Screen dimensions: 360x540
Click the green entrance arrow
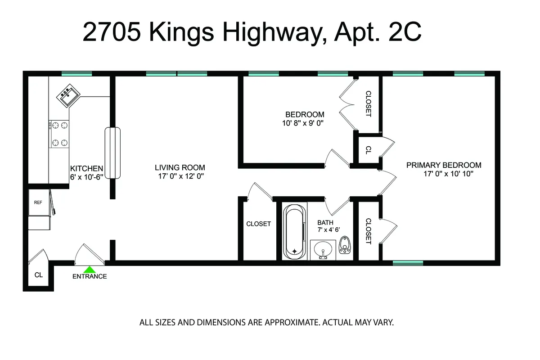pyautogui.click(x=90, y=270)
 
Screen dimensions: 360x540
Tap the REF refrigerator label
pyautogui.click(x=38, y=202)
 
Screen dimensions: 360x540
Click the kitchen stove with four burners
pyautogui.click(x=59, y=134)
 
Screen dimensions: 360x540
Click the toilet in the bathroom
pyautogui.click(x=345, y=247)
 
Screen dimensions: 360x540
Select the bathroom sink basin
pyautogui.click(x=323, y=249)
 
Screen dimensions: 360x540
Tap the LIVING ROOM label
pyautogui.click(x=180, y=168)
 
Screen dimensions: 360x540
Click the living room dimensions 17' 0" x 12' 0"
pyautogui.click(x=180, y=177)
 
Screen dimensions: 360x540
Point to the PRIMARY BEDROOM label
pyautogui.click(x=444, y=165)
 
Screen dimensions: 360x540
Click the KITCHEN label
pyautogui.click(x=86, y=168)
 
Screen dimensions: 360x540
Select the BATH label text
pyautogui.click(x=325, y=222)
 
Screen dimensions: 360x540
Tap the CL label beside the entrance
pyautogui.click(x=39, y=275)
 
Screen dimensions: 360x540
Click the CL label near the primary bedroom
pyautogui.click(x=368, y=150)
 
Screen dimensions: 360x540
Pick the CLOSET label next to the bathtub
pyautogui.click(x=258, y=224)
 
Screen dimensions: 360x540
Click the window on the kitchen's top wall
pyautogui.click(x=76, y=74)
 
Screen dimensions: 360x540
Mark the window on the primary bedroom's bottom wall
pyautogui.click(x=408, y=263)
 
